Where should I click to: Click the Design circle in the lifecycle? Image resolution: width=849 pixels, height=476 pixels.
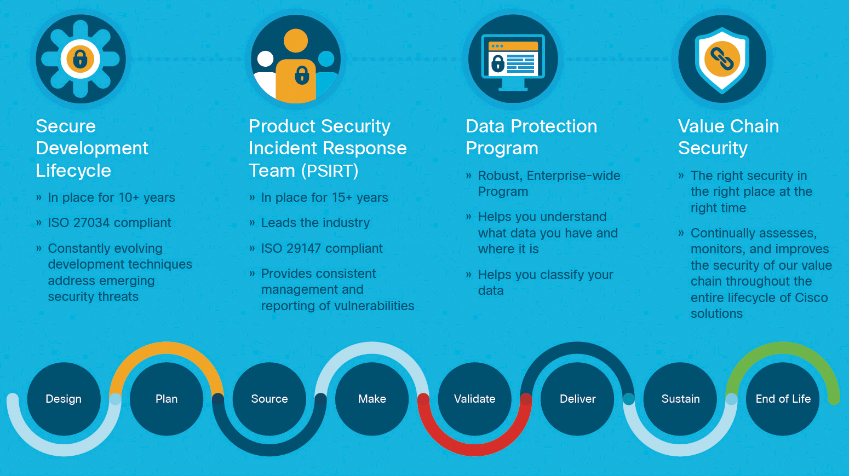(64, 399)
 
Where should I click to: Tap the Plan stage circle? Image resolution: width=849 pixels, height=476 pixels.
(167, 399)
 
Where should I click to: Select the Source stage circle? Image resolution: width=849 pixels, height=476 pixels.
(269, 399)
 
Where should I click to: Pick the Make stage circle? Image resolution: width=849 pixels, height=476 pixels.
(372, 399)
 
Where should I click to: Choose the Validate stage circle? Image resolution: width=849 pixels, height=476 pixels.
(474, 399)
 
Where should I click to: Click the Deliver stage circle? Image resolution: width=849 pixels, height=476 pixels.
(577, 399)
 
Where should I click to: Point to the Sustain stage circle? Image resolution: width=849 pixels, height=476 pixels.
(680, 399)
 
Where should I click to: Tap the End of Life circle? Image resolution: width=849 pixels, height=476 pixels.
(783, 399)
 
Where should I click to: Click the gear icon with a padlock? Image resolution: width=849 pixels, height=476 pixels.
(81, 59)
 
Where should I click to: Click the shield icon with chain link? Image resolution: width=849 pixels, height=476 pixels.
(722, 60)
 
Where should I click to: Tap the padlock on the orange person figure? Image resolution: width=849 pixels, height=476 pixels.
(302, 74)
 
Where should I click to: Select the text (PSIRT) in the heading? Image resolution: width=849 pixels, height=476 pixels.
(330, 171)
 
